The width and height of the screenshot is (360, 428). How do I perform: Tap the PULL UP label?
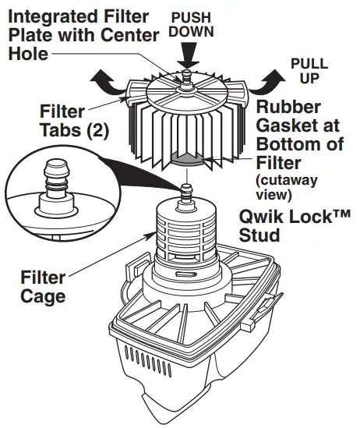point(309,71)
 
